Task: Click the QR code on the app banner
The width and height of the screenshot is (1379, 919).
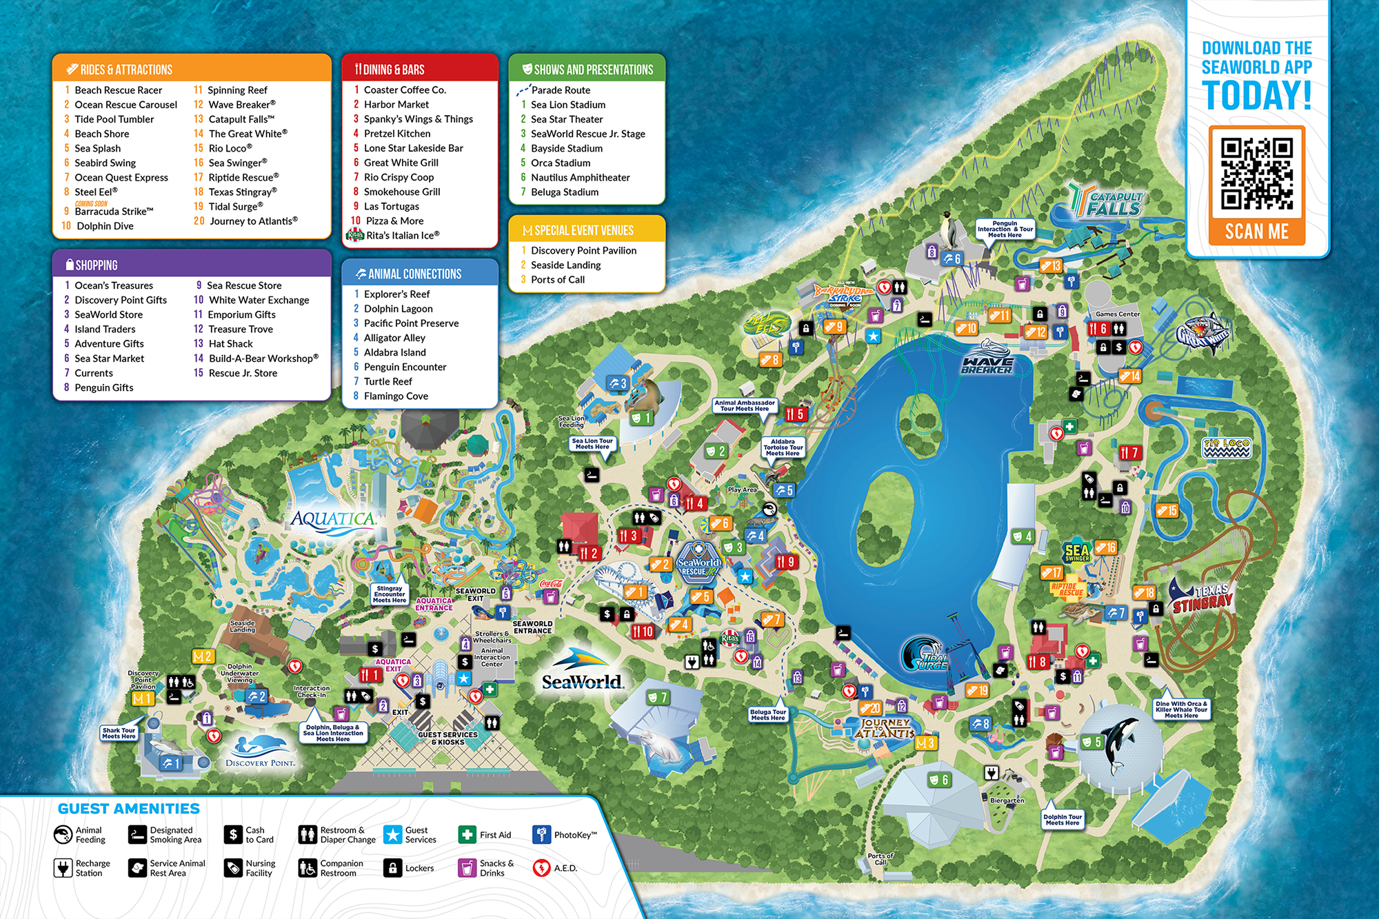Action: tap(1256, 173)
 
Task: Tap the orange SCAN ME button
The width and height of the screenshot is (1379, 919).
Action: tap(1256, 232)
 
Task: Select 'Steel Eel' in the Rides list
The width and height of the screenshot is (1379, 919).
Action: tap(95, 192)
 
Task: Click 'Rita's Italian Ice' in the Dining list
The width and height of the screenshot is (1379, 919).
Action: tap(402, 236)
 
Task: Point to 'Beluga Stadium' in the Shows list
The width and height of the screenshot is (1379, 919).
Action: tap(564, 192)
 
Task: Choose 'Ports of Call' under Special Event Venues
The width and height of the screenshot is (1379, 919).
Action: tap(557, 280)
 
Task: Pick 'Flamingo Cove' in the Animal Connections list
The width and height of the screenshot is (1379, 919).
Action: tap(396, 396)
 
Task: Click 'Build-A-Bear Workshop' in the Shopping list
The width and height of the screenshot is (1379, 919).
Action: tap(263, 358)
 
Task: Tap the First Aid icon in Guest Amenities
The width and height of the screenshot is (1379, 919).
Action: tap(467, 835)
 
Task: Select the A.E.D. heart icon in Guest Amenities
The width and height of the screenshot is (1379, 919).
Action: tap(541, 868)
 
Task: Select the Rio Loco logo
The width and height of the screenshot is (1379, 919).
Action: tap(1226, 447)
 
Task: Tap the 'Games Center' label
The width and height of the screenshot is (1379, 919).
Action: tap(1118, 314)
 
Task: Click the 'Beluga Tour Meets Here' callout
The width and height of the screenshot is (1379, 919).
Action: tap(767, 714)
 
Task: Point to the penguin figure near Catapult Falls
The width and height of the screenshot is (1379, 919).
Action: tap(950, 231)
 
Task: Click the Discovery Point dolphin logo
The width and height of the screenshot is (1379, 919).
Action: tap(261, 751)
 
